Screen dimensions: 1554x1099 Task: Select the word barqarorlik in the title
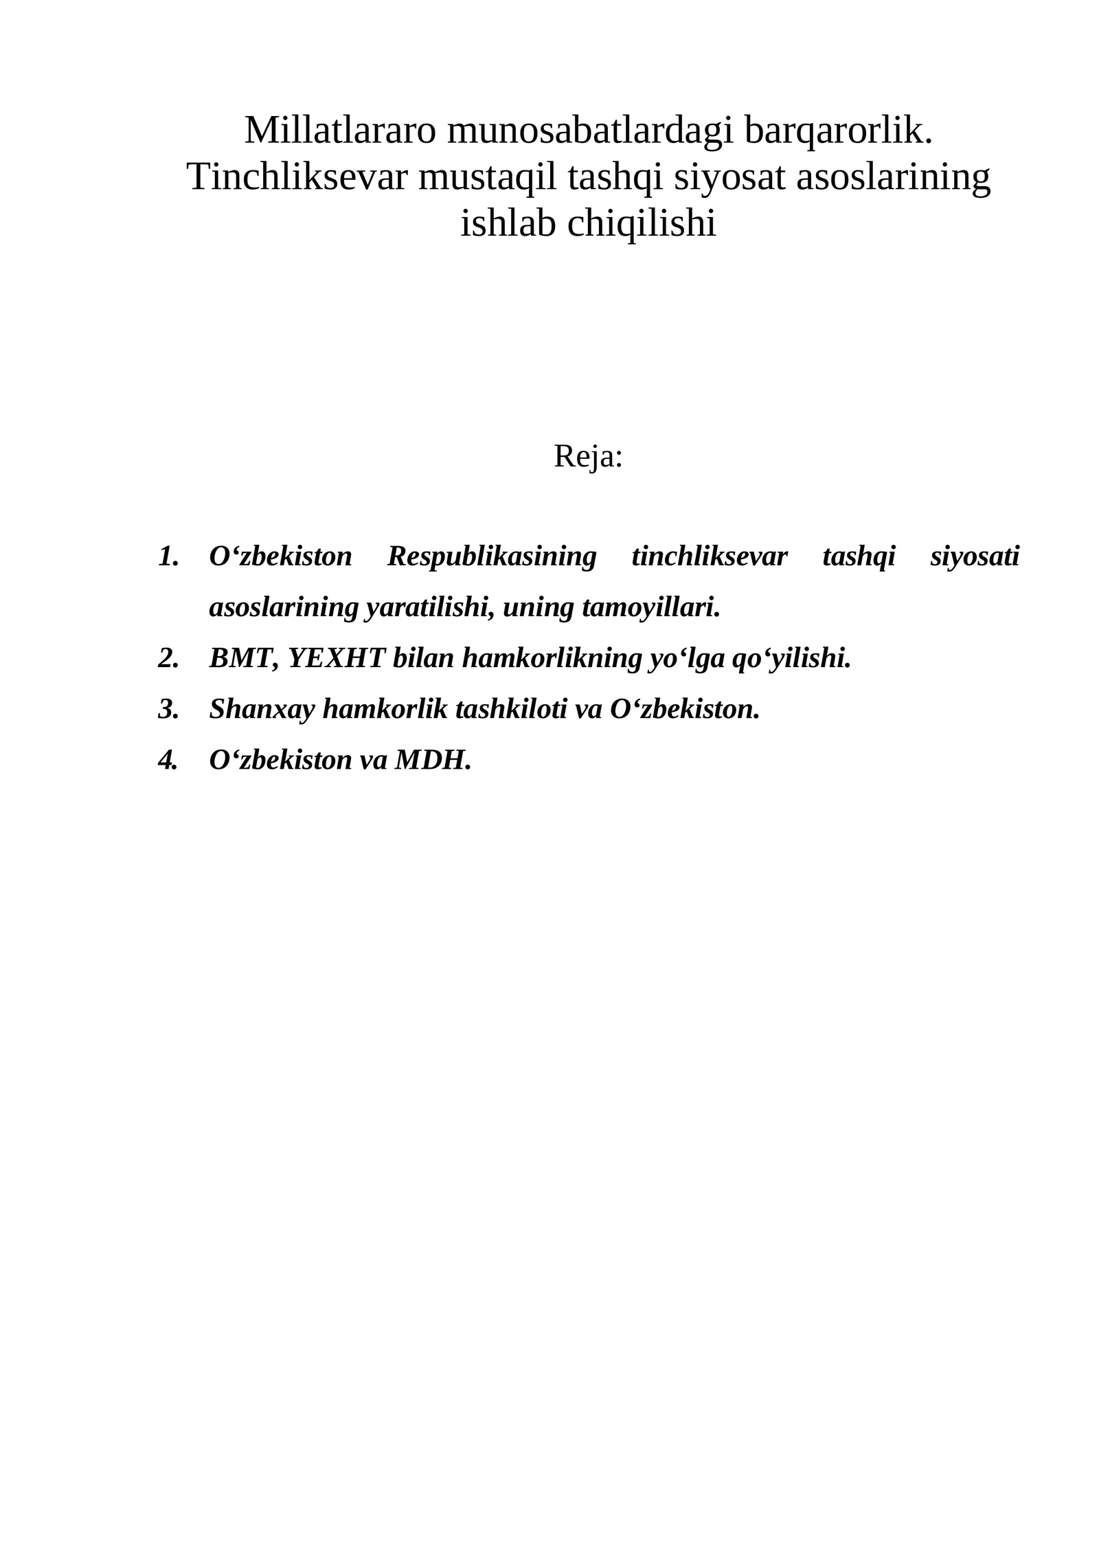pos(835,130)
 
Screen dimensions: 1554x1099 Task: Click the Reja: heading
pos(588,456)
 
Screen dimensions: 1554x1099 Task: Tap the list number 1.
pos(168,556)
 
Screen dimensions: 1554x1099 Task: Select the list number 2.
pos(168,658)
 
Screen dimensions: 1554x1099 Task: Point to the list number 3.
pos(168,709)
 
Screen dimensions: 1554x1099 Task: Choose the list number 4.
pos(168,760)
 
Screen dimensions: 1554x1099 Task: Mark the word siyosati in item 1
pos(975,556)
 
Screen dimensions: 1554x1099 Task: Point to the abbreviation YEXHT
pos(336,658)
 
